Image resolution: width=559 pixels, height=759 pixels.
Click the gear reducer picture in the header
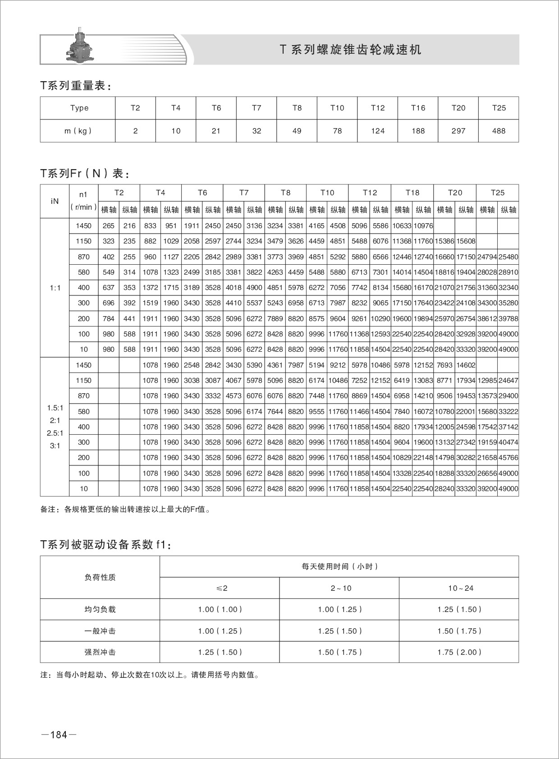pyautogui.click(x=80, y=45)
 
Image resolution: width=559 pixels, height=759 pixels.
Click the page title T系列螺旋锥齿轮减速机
pyautogui.click(x=351, y=50)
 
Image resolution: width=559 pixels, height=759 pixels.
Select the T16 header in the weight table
pyautogui.click(x=418, y=108)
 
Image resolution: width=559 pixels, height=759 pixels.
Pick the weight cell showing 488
pyautogui.click(x=499, y=131)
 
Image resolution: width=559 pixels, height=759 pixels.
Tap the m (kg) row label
pyautogui.click(x=78, y=131)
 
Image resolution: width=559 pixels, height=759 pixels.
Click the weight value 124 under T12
pyautogui.click(x=378, y=131)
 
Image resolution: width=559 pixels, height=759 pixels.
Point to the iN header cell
pyautogui.click(x=55, y=201)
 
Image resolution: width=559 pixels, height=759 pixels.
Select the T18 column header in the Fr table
pyautogui.click(x=412, y=193)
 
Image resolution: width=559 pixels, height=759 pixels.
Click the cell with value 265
pyautogui.click(x=109, y=226)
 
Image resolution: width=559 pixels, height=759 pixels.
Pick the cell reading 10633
pyautogui.click(x=401, y=226)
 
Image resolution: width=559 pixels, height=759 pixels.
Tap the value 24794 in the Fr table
pyautogui.click(x=487, y=257)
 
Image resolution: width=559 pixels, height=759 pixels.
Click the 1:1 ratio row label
pyautogui.click(x=55, y=288)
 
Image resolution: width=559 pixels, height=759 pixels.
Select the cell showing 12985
pyautogui.click(x=487, y=381)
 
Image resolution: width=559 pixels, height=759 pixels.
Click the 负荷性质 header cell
pyautogui.click(x=100, y=577)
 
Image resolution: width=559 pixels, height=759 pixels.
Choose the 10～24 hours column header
pyautogui.click(x=459, y=588)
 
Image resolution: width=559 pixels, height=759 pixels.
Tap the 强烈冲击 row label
pyautogui.click(x=100, y=652)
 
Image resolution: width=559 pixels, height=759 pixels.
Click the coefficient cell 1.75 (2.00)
pyautogui.click(x=459, y=652)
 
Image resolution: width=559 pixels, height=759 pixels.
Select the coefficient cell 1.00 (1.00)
pyautogui.click(x=220, y=609)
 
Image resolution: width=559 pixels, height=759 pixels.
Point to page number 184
pyautogui.click(x=59, y=735)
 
